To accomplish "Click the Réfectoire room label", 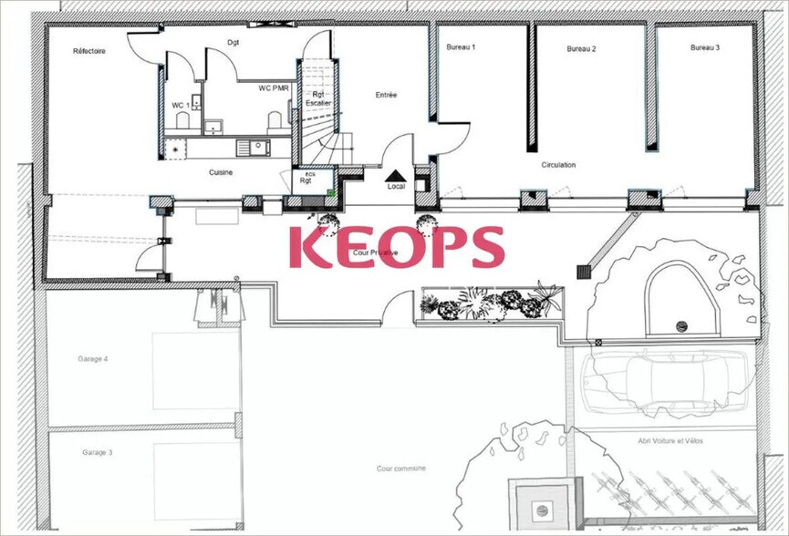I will [89, 51].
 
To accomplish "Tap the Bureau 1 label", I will [461, 46].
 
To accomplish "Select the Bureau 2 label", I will [581, 48].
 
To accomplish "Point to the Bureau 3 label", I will [705, 47].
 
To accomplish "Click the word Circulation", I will [558, 165].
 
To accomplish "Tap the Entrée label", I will [386, 95].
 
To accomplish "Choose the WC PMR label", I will [274, 88].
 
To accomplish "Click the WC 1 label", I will [181, 106].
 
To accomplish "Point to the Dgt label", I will [233, 43].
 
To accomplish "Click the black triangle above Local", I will [396, 175].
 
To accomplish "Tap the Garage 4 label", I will [93, 359].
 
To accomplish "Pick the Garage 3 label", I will [97, 452].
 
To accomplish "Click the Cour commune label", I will [401, 469].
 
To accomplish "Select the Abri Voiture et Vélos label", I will [670, 441].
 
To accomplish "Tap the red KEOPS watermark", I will [397, 247].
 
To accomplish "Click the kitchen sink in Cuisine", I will [253, 147].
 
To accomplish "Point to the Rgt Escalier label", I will [318, 98].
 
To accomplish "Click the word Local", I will [396, 187].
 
